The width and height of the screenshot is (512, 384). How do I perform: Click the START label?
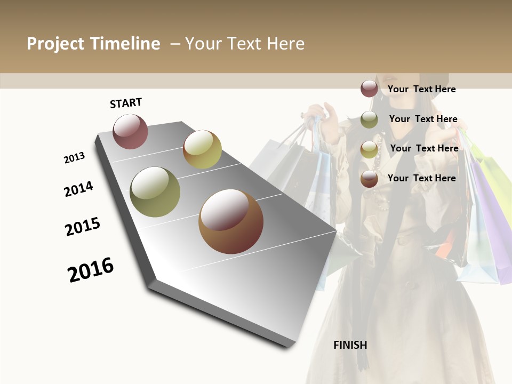126,103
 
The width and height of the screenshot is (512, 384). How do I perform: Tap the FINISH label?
350,345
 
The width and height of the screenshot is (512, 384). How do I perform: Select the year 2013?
74,158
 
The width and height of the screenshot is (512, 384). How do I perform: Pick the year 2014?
78,189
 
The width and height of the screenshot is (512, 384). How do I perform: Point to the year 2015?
83,227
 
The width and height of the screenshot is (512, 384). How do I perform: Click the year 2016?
91,270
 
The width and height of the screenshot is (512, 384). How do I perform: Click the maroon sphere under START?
130,131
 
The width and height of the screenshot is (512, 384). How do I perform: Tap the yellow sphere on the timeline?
202,149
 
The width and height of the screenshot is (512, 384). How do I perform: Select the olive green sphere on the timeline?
155,192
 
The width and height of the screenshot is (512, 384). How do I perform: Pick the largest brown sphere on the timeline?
231,221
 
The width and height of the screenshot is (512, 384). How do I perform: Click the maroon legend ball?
369,89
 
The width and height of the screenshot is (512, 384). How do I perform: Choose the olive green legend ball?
369,119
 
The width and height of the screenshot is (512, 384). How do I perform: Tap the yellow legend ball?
369,149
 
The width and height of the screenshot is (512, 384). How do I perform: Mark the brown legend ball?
369,179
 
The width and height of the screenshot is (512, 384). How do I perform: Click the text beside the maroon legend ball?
421,89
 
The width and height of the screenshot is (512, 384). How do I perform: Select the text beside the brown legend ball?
421,178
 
